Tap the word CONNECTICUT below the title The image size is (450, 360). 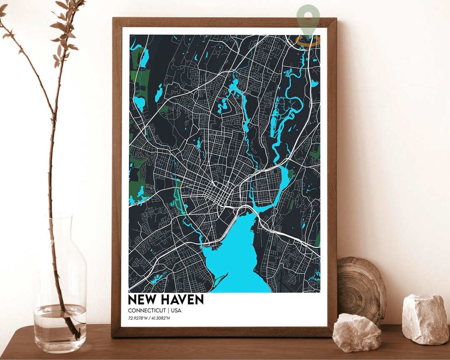click(146, 311)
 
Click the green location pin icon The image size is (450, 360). click(308, 19)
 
